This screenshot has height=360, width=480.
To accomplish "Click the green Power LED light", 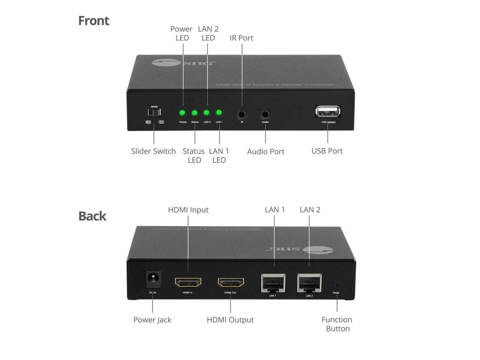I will [182, 113].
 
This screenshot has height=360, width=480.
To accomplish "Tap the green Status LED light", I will [194, 113].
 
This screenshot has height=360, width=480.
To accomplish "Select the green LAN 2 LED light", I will [206, 113].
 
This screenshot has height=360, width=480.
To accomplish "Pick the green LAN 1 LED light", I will [218, 113].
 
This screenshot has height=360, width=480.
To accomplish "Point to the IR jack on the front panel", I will [242, 114].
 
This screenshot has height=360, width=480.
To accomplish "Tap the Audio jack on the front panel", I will [265, 114].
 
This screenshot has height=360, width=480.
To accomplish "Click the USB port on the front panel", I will [327, 111].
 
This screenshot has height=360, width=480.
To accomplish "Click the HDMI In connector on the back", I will [188, 282].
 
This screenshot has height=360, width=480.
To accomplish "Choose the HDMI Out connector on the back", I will [230, 283].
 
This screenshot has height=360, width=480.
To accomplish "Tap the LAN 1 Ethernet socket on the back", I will [273, 282].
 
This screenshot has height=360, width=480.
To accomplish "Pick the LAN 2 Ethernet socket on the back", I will [309, 282].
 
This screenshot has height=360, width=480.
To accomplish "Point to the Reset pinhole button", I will [336, 287].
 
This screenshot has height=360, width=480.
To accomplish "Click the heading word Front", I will [93, 21].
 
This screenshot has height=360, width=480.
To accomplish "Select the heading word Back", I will [92, 216].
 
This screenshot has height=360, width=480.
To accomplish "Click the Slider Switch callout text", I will [153, 151].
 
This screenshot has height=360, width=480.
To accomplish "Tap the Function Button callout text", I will [337, 324].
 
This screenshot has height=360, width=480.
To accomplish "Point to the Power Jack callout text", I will [152, 320].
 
